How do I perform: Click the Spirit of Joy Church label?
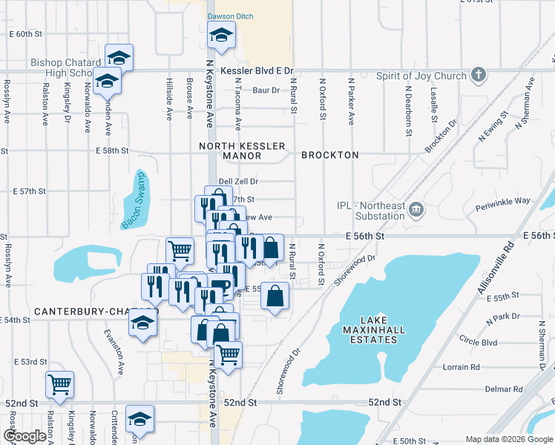pos(421,76)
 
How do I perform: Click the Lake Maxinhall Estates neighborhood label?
pos(370,333)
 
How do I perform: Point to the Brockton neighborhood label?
pos(329,155)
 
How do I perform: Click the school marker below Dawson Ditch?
pos(220,34)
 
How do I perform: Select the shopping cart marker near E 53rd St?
pos(59,384)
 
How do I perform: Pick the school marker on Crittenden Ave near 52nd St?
pos(139,419)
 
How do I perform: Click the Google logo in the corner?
pos(24,436)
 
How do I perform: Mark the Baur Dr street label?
pos(265,90)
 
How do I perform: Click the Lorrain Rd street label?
pos(461,367)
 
